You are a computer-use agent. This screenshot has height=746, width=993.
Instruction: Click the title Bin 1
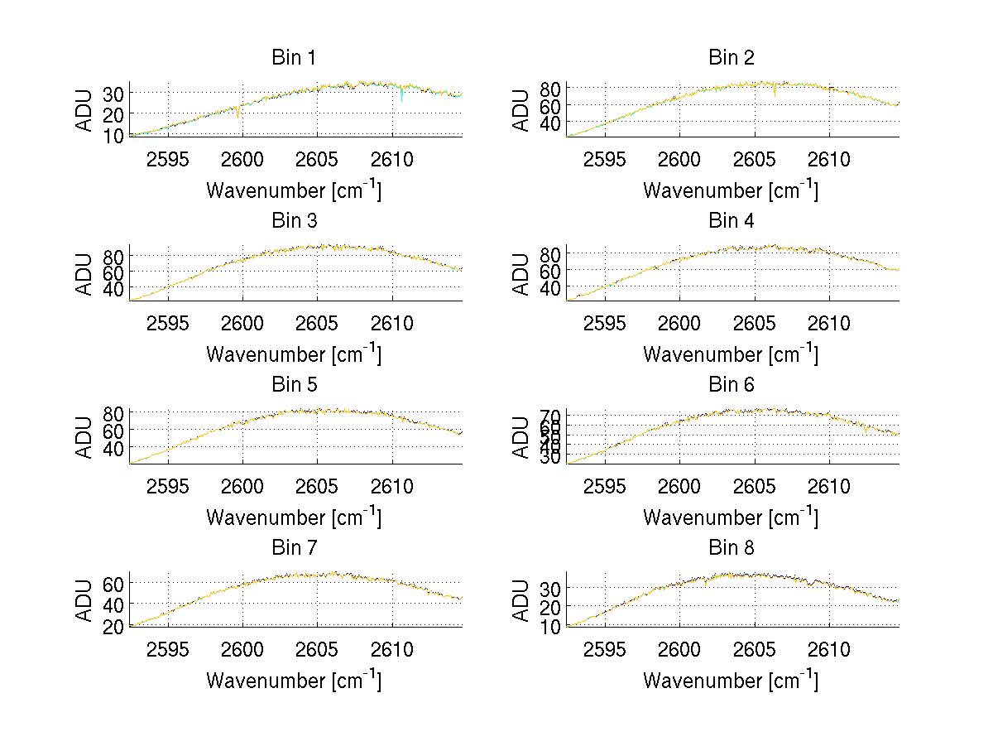(294, 58)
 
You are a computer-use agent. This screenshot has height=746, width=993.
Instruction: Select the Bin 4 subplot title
(731, 221)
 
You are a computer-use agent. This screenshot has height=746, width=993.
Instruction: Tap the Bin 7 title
(294, 548)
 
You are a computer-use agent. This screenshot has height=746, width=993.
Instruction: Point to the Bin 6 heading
(731, 385)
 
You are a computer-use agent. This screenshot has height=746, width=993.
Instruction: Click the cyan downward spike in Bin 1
(401, 98)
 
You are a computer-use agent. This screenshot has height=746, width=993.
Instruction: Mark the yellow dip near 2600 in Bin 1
(237, 113)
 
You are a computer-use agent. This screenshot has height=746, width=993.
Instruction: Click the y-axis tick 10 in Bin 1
(114, 135)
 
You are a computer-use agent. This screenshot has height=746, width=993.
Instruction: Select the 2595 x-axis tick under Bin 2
(604, 159)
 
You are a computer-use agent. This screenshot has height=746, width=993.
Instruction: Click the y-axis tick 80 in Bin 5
(114, 412)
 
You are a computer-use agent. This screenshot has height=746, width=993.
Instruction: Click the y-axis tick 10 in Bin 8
(551, 626)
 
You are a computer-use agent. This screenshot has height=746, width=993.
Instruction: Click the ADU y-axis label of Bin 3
(85, 273)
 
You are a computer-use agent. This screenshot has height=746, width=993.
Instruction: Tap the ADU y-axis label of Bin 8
(522, 600)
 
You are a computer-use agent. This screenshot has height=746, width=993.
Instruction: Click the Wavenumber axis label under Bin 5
(294, 517)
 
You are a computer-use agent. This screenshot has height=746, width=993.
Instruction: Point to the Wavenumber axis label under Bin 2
(731, 190)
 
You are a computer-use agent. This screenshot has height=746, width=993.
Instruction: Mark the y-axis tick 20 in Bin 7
(114, 626)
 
